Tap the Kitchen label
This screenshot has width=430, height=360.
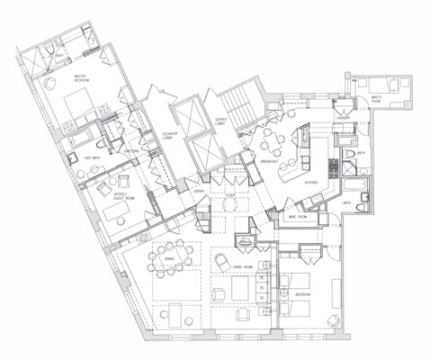pyautogui.click(x=311, y=182)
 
